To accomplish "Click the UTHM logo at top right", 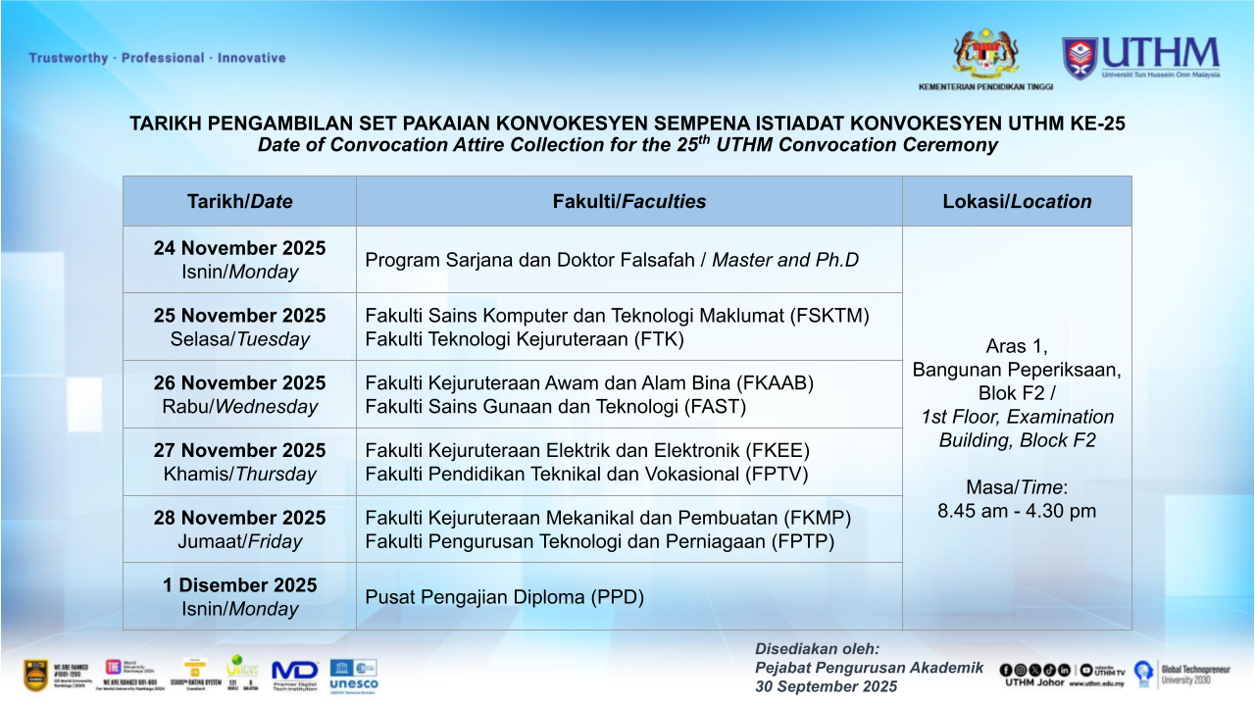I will point(1140,58).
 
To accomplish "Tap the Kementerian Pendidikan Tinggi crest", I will point(985,55).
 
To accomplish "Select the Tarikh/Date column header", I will point(239,201).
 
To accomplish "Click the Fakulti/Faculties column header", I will point(628,201).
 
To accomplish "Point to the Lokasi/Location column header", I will point(1017,201).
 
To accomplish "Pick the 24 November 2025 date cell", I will point(239,260).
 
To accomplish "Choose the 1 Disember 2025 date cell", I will point(239,596).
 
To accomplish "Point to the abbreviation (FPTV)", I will point(777,474).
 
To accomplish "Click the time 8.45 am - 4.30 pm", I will point(1017,511).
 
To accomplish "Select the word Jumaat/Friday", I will point(239,541).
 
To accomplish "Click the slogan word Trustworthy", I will point(69,58).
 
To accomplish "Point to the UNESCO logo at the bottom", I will point(354,676).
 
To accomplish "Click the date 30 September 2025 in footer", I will point(826,686).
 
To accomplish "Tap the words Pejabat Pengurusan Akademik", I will point(869,668).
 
